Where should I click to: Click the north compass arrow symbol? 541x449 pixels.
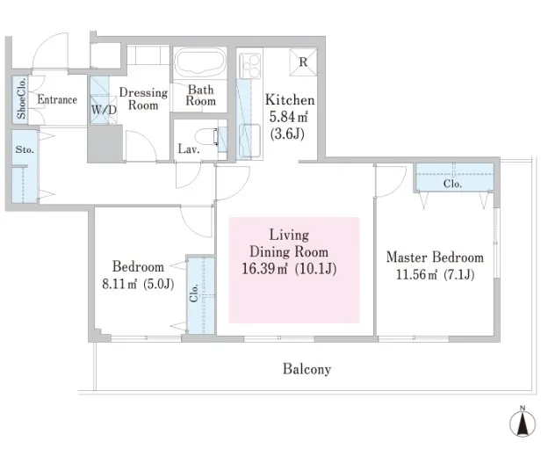(x=523, y=423)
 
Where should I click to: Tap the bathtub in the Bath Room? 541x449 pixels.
(x=200, y=62)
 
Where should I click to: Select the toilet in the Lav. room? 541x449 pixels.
(x=207, y=136)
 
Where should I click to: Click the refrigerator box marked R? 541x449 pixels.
(x=303, y=62)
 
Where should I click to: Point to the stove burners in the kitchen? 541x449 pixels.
(x=249, y=66)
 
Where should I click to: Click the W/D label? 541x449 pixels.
(x=104, y=110)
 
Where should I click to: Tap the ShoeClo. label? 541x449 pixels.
(x=21, y=98)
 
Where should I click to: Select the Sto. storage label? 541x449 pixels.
(x=25, y=149)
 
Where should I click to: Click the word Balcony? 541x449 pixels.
(x=307, y=369)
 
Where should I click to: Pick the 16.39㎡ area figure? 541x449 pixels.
(x=264, y=269)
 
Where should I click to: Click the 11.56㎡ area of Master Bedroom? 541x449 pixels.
(x=417, y=275)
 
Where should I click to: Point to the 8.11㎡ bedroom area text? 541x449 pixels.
(x=119, y=284)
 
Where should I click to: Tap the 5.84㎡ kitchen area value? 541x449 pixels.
(x=288, y=117)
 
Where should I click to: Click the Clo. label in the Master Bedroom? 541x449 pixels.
(x=452, y=184)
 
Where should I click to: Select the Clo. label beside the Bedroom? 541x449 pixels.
(x=194, y=293)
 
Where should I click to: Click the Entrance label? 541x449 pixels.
(x=57, y=99)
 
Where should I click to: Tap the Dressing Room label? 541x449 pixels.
(x=143, y=98)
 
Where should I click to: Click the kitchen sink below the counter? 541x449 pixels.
(x=249, y=141)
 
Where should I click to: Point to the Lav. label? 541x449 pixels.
(x=189, y=149)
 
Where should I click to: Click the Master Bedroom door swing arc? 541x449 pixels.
(x=398, y=188)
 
